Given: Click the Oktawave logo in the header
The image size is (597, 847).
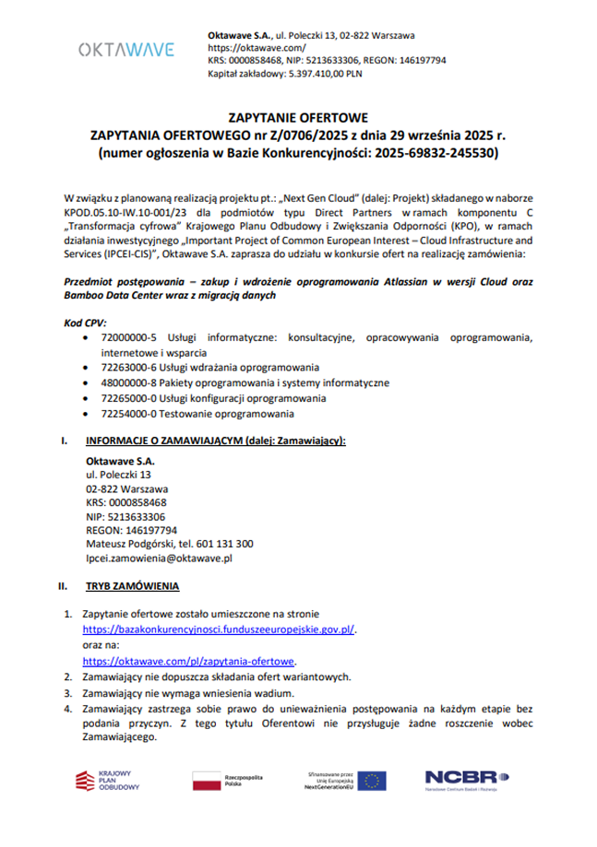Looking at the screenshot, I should pyautogui.click(x=125, y=49).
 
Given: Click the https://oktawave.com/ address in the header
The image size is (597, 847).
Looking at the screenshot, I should pyautogui.click(x=257, y=46).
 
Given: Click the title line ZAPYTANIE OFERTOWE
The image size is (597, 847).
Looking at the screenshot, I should pyautogui.click(x=297, y=118).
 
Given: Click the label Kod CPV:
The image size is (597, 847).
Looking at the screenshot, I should pyautogui.click(x=85, y=324).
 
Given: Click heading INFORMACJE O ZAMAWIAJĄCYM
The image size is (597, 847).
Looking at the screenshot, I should pyautogui.click(x=215, y=441).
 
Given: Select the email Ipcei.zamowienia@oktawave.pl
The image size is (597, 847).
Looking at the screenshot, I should pyautogui.click(x=158, y=558).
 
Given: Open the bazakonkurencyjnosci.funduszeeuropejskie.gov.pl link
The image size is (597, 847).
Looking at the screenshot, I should pyautogui.click(x=219, y=628).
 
